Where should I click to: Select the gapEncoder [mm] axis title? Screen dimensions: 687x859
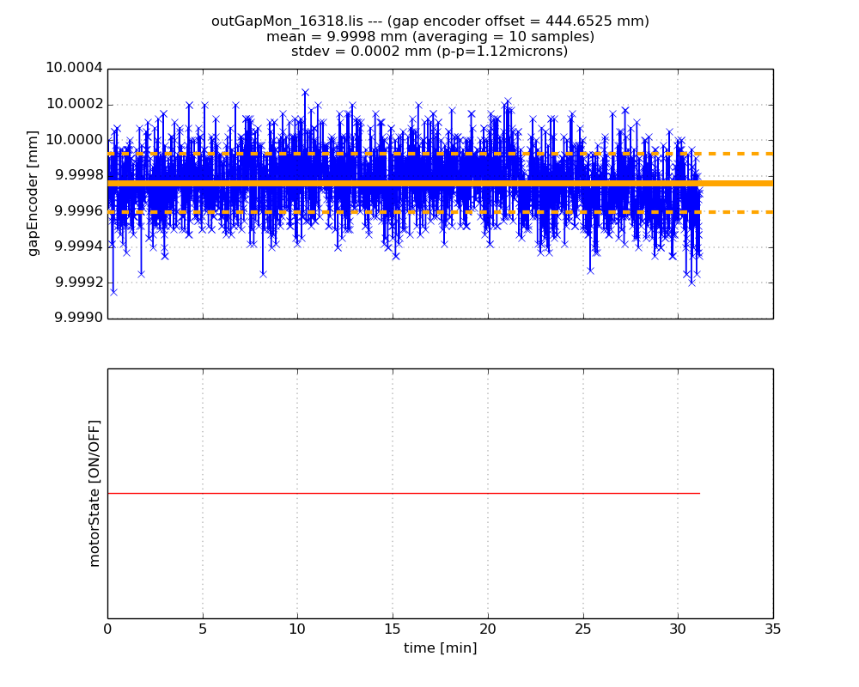34,192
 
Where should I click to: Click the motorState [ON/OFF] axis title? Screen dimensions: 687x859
94,493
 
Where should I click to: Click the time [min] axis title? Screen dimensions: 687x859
440,648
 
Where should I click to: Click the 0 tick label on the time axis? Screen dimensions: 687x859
107,629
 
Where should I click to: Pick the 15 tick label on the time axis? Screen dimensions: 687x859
393,629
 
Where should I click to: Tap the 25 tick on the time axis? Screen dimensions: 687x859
583,629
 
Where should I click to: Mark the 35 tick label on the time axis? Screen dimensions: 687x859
772,629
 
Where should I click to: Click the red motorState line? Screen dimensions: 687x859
404,493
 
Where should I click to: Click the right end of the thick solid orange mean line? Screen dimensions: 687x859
770,183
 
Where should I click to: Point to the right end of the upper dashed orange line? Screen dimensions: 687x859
770,154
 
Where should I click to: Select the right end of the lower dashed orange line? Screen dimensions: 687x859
770,211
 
